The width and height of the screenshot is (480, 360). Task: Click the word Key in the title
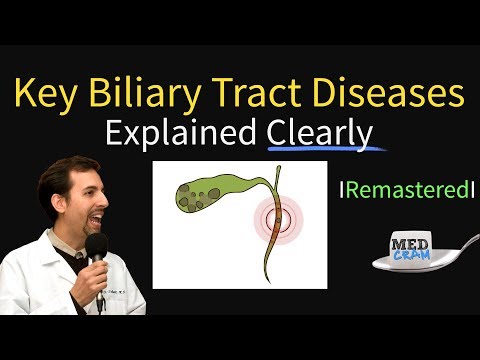pos(50,96)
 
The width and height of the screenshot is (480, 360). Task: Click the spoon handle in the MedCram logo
pos(451,255)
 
